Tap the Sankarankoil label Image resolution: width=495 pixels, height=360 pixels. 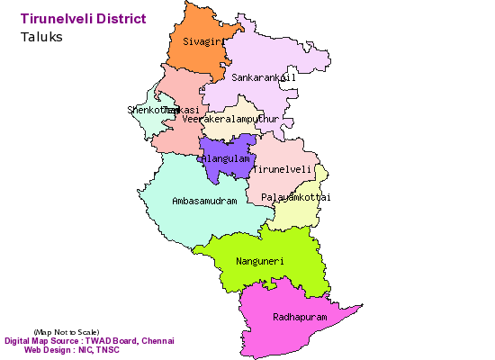click(x=263, y=78)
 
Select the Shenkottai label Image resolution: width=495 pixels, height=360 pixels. click(x=145, y=110)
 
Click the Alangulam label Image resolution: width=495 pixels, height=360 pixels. click(x=225, y=158)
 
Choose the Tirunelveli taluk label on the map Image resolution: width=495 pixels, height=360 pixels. click(x=283, y=169)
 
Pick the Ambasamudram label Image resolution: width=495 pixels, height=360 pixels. click(x=204, y=201)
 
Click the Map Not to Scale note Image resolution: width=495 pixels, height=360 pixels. click(x=67, y=332)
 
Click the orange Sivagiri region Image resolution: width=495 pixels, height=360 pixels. click(x=193, y=58)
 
